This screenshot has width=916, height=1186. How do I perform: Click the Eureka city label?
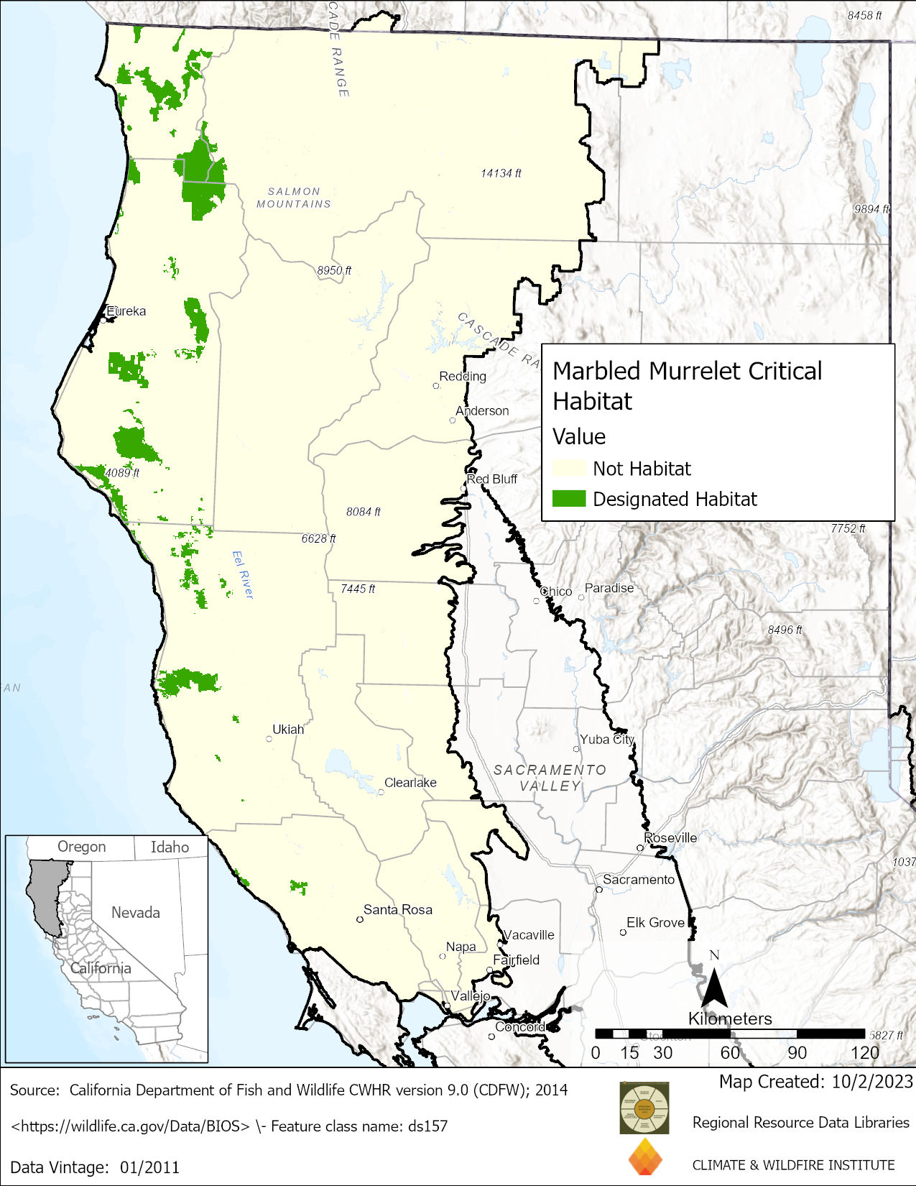126,311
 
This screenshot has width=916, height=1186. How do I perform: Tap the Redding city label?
463,376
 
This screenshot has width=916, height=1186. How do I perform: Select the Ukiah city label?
288,729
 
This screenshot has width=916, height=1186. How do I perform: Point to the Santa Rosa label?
397,909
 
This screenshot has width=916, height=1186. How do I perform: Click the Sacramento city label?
639,879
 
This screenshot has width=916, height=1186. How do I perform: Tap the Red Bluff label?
492,479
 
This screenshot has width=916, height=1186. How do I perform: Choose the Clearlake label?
410,782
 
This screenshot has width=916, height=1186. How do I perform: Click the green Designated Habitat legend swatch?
568,499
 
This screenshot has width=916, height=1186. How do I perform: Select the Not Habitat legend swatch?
568,469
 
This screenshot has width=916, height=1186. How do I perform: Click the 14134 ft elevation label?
501,173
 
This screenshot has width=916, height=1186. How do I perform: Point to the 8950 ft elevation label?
334,270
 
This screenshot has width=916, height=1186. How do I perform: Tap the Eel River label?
243,574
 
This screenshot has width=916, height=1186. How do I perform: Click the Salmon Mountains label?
294,198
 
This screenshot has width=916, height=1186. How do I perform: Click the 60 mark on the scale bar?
730,1052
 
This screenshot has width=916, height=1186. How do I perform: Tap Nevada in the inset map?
135,912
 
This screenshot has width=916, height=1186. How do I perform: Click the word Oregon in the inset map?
81,847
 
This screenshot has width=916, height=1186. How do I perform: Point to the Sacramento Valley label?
550,778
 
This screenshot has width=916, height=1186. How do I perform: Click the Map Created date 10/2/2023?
872,1081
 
